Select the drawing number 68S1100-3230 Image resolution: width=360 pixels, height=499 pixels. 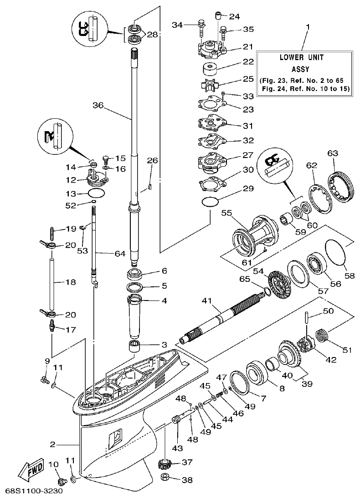tap(34, 491)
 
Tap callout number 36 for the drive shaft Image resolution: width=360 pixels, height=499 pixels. tap(98, 105)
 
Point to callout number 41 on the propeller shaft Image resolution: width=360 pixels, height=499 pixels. tap(207, 301)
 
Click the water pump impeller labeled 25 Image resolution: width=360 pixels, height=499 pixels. tap(210, 85)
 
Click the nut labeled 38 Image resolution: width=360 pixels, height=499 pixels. tap(166, 479)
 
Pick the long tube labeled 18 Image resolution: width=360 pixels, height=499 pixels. tap(52, 282)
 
